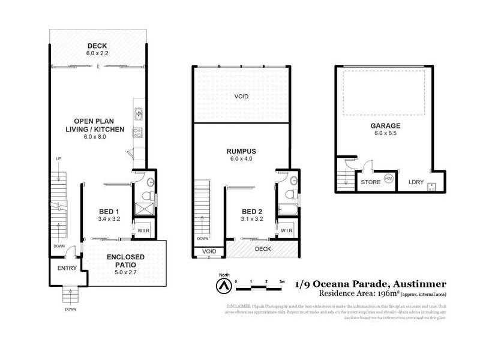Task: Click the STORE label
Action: tap(370, 182)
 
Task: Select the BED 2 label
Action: tap(252, 212)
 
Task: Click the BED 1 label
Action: tap(109, 212)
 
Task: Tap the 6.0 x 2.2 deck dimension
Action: tap(97, 53)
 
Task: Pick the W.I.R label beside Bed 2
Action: tap(286, 230)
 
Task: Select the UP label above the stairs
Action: tap(58, 158)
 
